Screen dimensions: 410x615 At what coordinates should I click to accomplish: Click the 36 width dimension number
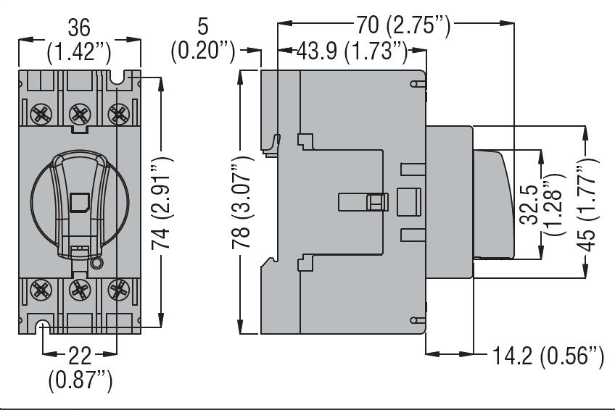click(78, 28)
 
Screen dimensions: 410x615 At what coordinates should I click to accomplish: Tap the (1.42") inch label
click(78, 51)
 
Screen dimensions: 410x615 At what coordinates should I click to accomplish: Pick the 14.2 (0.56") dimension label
click(548, 356)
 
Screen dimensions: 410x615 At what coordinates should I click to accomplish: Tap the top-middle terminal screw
click(78, 113)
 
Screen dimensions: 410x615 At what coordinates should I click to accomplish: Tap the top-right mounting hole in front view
click(116, 76)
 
